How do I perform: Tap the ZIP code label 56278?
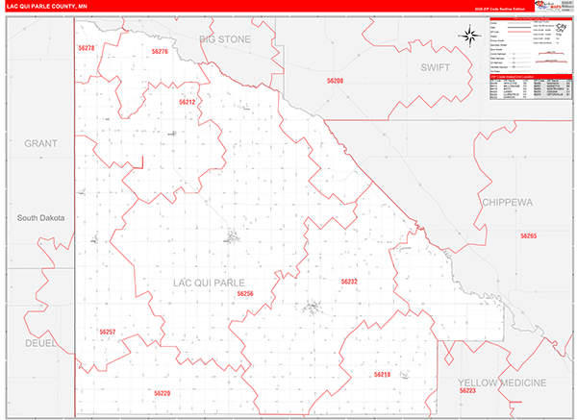click(88, 48)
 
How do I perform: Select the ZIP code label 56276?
click(160, 51)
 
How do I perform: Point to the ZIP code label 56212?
click(188, 101)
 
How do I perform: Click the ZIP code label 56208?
click(335, 82)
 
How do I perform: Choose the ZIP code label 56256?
click(244, 294)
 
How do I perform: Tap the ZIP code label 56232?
click(349, 282)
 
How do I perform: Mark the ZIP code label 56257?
click(107, 332)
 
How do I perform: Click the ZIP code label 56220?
click(162, 394)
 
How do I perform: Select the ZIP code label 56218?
click(382, 375)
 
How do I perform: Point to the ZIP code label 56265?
click(528, 235)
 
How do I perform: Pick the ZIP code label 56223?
click(467, 391)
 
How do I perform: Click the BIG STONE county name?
click(225, 39)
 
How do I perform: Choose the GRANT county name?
click(41, 143)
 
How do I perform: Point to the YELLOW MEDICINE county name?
click(501, 382)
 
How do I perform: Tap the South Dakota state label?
click(41, 218)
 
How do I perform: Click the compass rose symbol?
click(470, 37)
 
